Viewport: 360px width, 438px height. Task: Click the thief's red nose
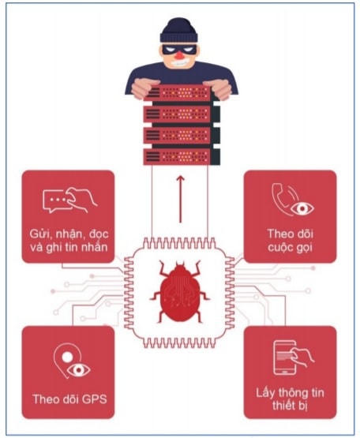[178, 55]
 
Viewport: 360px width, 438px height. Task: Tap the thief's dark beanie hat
[179, 30]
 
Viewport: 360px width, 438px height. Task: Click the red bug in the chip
[180, 292]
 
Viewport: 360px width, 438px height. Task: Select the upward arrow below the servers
[180, 199]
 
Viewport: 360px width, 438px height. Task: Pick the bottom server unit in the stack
[182, 157]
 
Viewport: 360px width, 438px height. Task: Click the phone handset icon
[281, 199]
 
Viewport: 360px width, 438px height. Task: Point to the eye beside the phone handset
[302, 208]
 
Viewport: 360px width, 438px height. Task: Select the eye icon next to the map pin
[78, 370]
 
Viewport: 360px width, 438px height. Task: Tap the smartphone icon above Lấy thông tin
[284, 358]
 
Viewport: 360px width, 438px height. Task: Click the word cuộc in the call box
[279, 248]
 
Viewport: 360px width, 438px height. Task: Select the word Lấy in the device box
[265, 393]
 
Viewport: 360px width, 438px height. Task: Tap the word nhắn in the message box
[96, 247]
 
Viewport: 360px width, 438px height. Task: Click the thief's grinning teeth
[179, 63]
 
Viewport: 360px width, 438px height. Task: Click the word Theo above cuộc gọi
[279, 234]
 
